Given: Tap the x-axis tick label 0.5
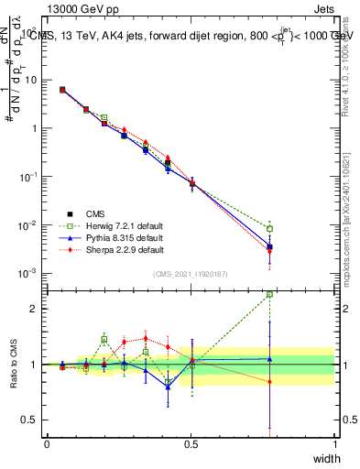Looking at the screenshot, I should point(191,443).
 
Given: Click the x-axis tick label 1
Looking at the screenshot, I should point(335,443).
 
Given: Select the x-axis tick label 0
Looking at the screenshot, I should point(47,443).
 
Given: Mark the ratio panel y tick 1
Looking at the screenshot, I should point(35,365).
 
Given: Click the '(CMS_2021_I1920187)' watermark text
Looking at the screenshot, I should point(191,273).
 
